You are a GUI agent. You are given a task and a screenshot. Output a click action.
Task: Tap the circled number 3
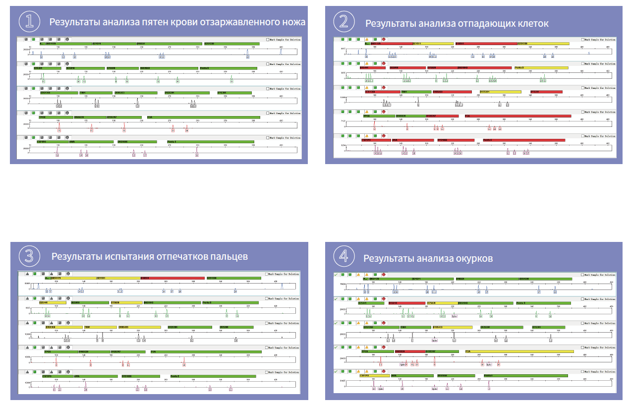(29, 256)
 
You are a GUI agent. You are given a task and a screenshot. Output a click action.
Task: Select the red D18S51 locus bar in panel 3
(172, 278)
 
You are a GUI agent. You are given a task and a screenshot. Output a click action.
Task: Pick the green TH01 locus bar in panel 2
(415, 92)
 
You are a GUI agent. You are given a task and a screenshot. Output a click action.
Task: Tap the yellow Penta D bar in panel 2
(539, 67)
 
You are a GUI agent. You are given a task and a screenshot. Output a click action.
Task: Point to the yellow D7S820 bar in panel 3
(126, 302)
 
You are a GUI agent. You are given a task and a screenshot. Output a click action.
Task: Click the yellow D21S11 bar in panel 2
(433, 44)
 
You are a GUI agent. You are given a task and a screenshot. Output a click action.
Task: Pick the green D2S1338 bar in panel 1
(231, 44)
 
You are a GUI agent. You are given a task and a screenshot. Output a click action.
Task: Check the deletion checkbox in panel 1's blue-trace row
(268, 39)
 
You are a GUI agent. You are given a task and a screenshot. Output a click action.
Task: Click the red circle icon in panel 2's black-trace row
(383, 87)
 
